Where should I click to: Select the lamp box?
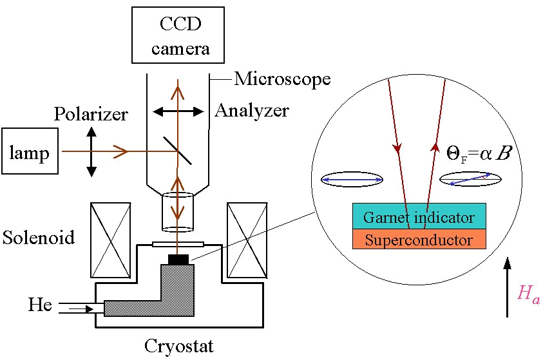(x=29, y=152)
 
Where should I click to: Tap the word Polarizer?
(x=91, y=115)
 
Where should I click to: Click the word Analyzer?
(x=251, y=111)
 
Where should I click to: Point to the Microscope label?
(x=282, y=79)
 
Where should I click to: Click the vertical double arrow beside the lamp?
(x=91, y=152)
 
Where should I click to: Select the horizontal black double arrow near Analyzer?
(x=178, y=112)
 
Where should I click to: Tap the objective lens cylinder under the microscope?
(x=178, y=211)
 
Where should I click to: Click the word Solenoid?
(x=38, y=237)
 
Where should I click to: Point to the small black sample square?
(x=178, y=259)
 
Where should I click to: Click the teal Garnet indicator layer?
(x=419, y=217)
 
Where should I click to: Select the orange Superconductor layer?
(x=419, y=240)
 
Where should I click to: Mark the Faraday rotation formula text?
(x=475, y=153)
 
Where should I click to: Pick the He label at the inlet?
(x=40, y=304)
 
